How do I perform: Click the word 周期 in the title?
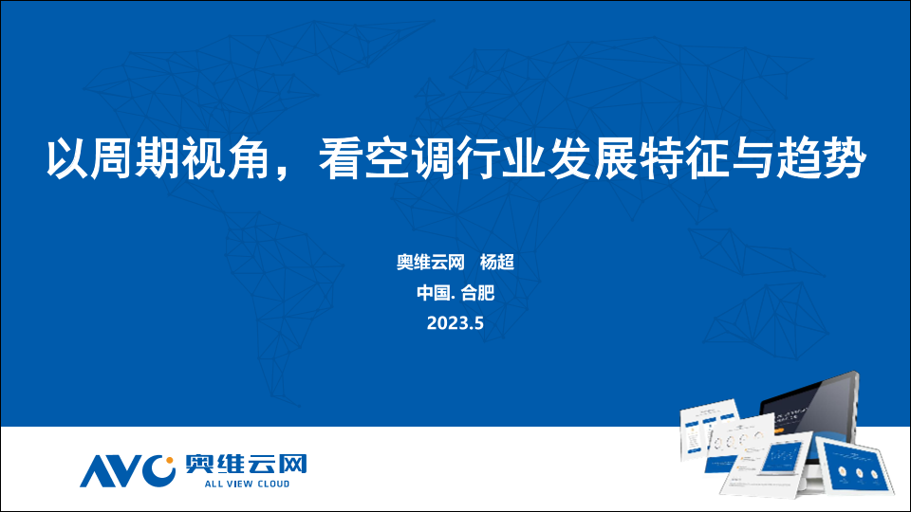pos(113,158)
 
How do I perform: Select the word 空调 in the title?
pos(386,158)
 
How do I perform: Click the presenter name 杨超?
pos(496,263)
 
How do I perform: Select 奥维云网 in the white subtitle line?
pos(431,263)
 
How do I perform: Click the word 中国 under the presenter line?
pos(434,293)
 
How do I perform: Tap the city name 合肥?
pos(477,293)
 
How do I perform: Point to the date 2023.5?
pos(455,322)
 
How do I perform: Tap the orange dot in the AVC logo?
pos(170,461)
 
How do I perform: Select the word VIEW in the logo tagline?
pos(238,484)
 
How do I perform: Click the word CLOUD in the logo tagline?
pos(273,484)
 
